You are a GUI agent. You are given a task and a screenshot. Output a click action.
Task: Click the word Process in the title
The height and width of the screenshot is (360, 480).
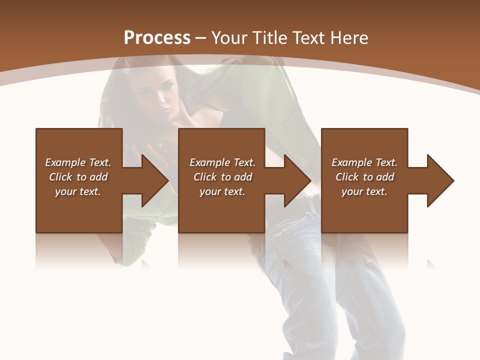[x=157, y=38]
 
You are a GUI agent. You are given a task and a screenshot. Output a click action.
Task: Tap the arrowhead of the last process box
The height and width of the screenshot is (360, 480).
[x=439, y=180]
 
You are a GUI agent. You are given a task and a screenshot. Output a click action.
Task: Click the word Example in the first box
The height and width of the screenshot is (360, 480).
[x=65, y=162]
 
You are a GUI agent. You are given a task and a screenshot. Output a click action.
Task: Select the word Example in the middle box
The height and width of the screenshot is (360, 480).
[x=210, y=162]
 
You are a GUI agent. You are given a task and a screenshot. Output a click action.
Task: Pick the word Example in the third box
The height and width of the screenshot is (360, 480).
[x=352, y=162]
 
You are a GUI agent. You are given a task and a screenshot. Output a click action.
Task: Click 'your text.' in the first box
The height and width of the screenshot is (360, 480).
[x=77, y=191]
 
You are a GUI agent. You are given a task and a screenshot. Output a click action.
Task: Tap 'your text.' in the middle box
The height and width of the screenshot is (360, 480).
[x=222, y=191]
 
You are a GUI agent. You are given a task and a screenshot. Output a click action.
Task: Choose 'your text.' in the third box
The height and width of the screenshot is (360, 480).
[x=364, y=191]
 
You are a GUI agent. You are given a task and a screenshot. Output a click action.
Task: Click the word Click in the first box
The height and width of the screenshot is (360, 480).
[x=60, y=177]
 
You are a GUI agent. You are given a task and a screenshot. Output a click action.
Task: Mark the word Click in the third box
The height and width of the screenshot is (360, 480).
[x=347, y=177]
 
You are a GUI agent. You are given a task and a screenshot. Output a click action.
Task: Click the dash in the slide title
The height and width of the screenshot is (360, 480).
[x=201, y=38]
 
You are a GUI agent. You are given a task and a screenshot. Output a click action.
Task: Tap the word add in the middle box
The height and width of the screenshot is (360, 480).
[x=243, y=177]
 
